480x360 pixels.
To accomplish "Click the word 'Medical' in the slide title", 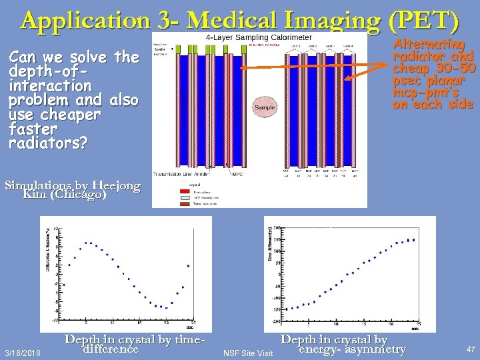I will click(x=227, y=21).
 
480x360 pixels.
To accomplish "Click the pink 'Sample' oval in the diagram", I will click(x=265, y=107).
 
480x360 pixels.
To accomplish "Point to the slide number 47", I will click(x=471, y=349).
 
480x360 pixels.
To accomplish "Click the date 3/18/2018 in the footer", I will click(x=21, y=351).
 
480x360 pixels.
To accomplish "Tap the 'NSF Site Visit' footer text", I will click(x=248, y=352).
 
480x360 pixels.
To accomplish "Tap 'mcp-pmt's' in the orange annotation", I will click(x=425, y=92).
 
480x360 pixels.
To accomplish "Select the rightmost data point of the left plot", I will click(x=188, y=266).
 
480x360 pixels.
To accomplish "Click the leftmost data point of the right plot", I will click(x=287, y=309).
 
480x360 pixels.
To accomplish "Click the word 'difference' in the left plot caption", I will click(x=109, y=349).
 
